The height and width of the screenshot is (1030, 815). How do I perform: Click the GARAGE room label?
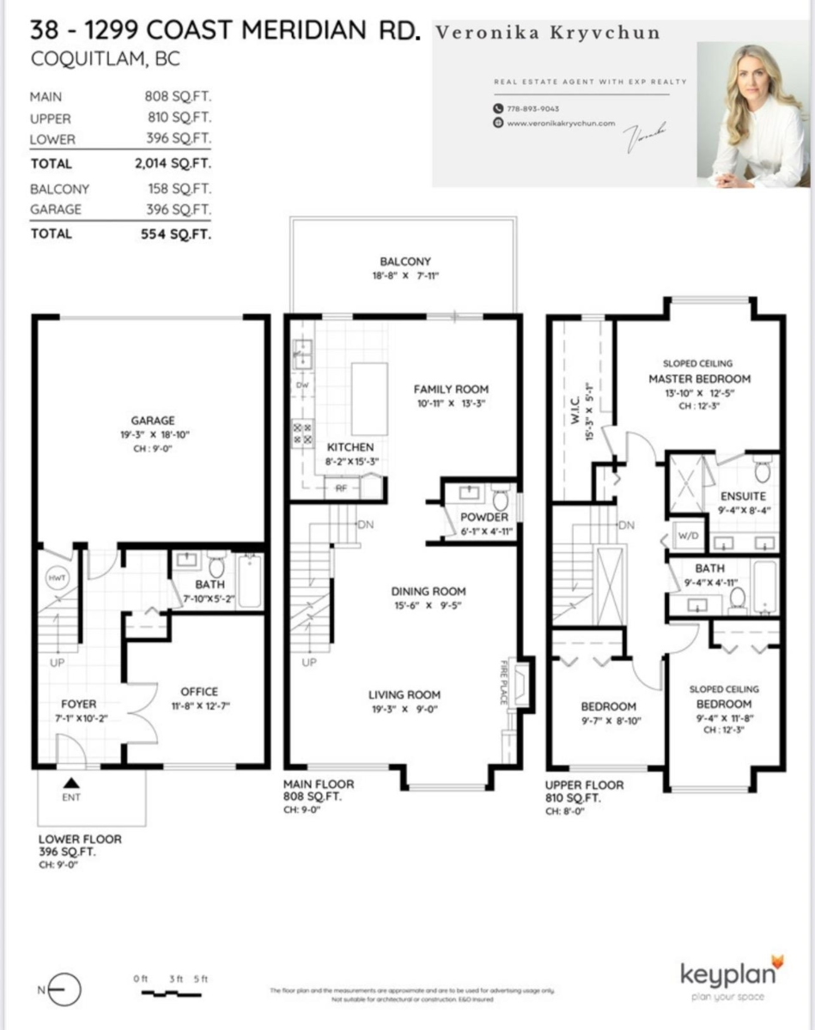[153, 421]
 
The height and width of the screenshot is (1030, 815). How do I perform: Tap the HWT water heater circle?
[56, 579]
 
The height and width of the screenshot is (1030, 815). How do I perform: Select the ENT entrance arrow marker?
[72, 782]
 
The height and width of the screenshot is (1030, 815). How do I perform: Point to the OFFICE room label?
[199, 692]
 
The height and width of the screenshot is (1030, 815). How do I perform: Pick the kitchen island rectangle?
[368, 398]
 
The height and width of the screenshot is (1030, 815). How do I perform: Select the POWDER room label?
[484, 517]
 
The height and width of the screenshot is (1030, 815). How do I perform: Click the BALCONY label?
[405, 262]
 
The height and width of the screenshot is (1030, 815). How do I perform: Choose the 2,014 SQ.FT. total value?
[173, 164]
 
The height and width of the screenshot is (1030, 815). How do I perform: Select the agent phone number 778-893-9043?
[533, 109]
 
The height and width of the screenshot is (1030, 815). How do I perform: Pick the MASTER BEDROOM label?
[699, 379]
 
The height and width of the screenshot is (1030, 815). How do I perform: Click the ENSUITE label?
[743, 496]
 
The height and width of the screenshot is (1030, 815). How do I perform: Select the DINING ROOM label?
[429, 591]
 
